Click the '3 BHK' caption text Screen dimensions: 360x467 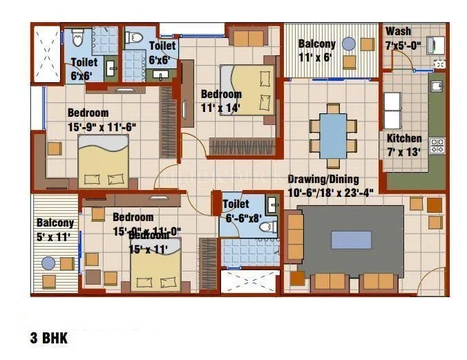pos(48,339)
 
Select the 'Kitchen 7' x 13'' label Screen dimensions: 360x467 pos(404,144)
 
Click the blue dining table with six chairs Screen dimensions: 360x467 pos(333,135)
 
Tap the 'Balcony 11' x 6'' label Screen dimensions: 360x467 pos(317,50)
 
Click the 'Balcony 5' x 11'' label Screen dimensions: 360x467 pos(55,229)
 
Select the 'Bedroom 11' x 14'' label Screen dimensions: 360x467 pos(221,100)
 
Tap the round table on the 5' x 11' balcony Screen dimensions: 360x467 pos(48,263)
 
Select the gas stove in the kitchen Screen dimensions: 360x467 pos(437,146)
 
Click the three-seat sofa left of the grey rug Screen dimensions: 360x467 pos(294,237)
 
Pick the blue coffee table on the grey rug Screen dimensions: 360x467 pos(355,240)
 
